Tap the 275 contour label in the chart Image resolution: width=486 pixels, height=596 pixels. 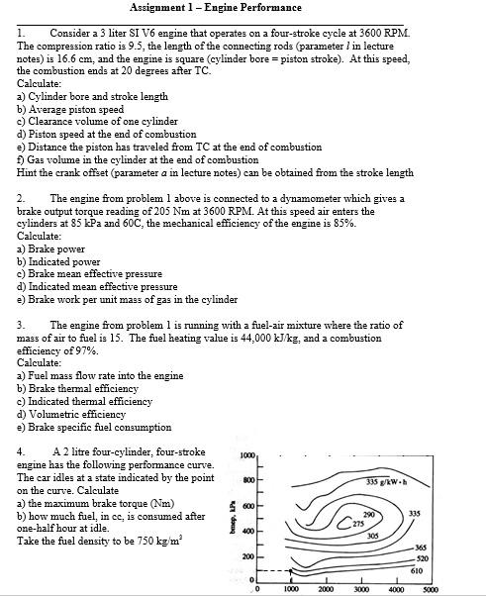358,523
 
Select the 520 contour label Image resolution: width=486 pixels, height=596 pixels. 423,559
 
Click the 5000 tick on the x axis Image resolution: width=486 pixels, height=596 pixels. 430,589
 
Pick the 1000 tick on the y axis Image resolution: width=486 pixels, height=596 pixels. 247,455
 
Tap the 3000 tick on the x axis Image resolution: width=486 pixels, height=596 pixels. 360,589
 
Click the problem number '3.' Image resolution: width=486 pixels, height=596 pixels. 22,325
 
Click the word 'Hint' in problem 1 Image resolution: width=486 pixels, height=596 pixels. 28,172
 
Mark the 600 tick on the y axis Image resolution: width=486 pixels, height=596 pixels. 249,506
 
